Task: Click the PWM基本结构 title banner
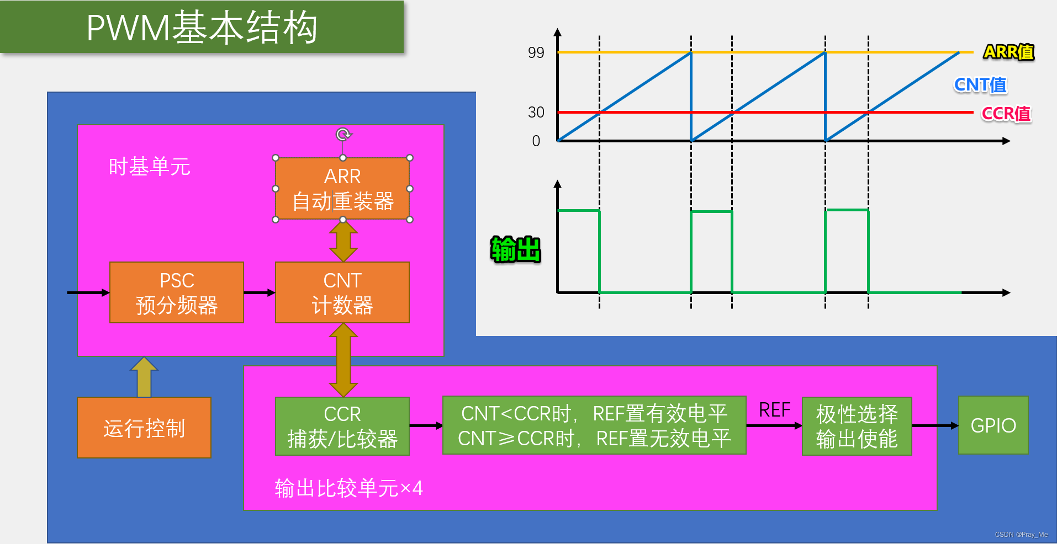202,27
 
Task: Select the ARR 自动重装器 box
342,189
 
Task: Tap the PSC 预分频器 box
177,292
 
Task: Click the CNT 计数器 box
342,292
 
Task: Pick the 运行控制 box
144,428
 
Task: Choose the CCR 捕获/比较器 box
342,426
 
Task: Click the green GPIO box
993,425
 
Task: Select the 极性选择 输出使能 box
857,426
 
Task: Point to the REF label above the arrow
774,410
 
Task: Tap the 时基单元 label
149,167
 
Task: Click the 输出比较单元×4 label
348,488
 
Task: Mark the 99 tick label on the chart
536,53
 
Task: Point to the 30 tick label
536,113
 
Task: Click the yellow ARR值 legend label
1008,52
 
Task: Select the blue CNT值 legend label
980,85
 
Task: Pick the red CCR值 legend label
1006,114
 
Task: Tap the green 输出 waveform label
516,249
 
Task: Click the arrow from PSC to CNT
259,292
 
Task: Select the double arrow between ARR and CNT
343,241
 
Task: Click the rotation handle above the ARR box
343,134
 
